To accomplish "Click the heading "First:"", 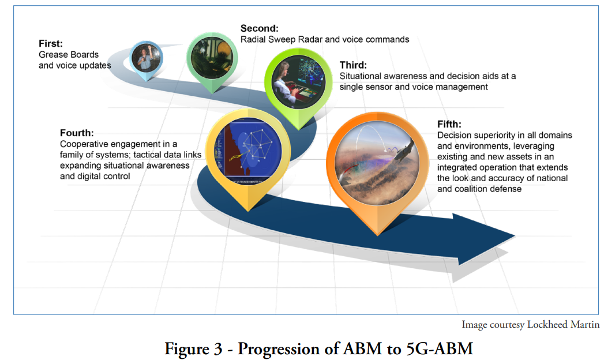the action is pyautogui.click(x=50, y=43).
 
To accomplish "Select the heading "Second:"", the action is pyautogui.click(x=259, y=28).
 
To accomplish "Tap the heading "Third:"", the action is pyautogui.click(x=353, y=65).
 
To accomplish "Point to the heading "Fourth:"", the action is pyautogui.click(x=77, y=133).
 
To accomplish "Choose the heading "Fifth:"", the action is pyautogui.click(x=449, y=124).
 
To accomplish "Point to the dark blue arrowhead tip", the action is pyautogui.click(x=515, y=235).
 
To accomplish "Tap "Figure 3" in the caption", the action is pyautogui.click(x=193, y=349).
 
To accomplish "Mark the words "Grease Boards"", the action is pyautogui.click(x=69, y=54).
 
